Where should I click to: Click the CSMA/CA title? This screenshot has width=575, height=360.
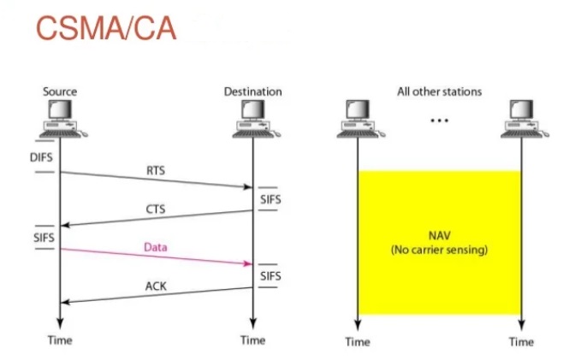[106, 28]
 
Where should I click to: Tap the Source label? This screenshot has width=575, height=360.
[60, 91]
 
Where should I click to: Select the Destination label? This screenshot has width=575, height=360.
[252, 91]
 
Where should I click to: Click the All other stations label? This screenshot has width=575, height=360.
[439, 91]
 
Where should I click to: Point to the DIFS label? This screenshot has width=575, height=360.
[41, 157]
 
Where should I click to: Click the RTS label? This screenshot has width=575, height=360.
[156, 170]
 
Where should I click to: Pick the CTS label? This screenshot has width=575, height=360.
[156, 209]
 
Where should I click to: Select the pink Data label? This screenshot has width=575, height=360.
[156, 247]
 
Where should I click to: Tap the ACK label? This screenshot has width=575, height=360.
[156, 286]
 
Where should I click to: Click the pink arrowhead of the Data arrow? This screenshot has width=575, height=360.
[248, 263]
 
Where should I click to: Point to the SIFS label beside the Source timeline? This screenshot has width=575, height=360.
[44, 238]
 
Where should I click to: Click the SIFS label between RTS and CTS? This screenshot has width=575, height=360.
[270, 199]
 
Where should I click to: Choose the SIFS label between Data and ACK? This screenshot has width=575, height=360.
[270, 276]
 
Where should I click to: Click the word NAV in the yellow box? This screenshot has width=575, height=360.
[439, 235]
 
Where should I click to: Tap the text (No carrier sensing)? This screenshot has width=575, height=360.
[439, 250]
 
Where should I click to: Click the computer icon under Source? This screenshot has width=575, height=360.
[63, 118]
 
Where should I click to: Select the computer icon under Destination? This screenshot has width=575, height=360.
[257, 118]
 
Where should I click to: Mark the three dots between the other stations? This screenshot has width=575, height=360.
[439, 121]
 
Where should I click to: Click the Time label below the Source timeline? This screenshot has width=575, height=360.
[60, 340]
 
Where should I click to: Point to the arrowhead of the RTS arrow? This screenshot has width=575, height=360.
[248, 187]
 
